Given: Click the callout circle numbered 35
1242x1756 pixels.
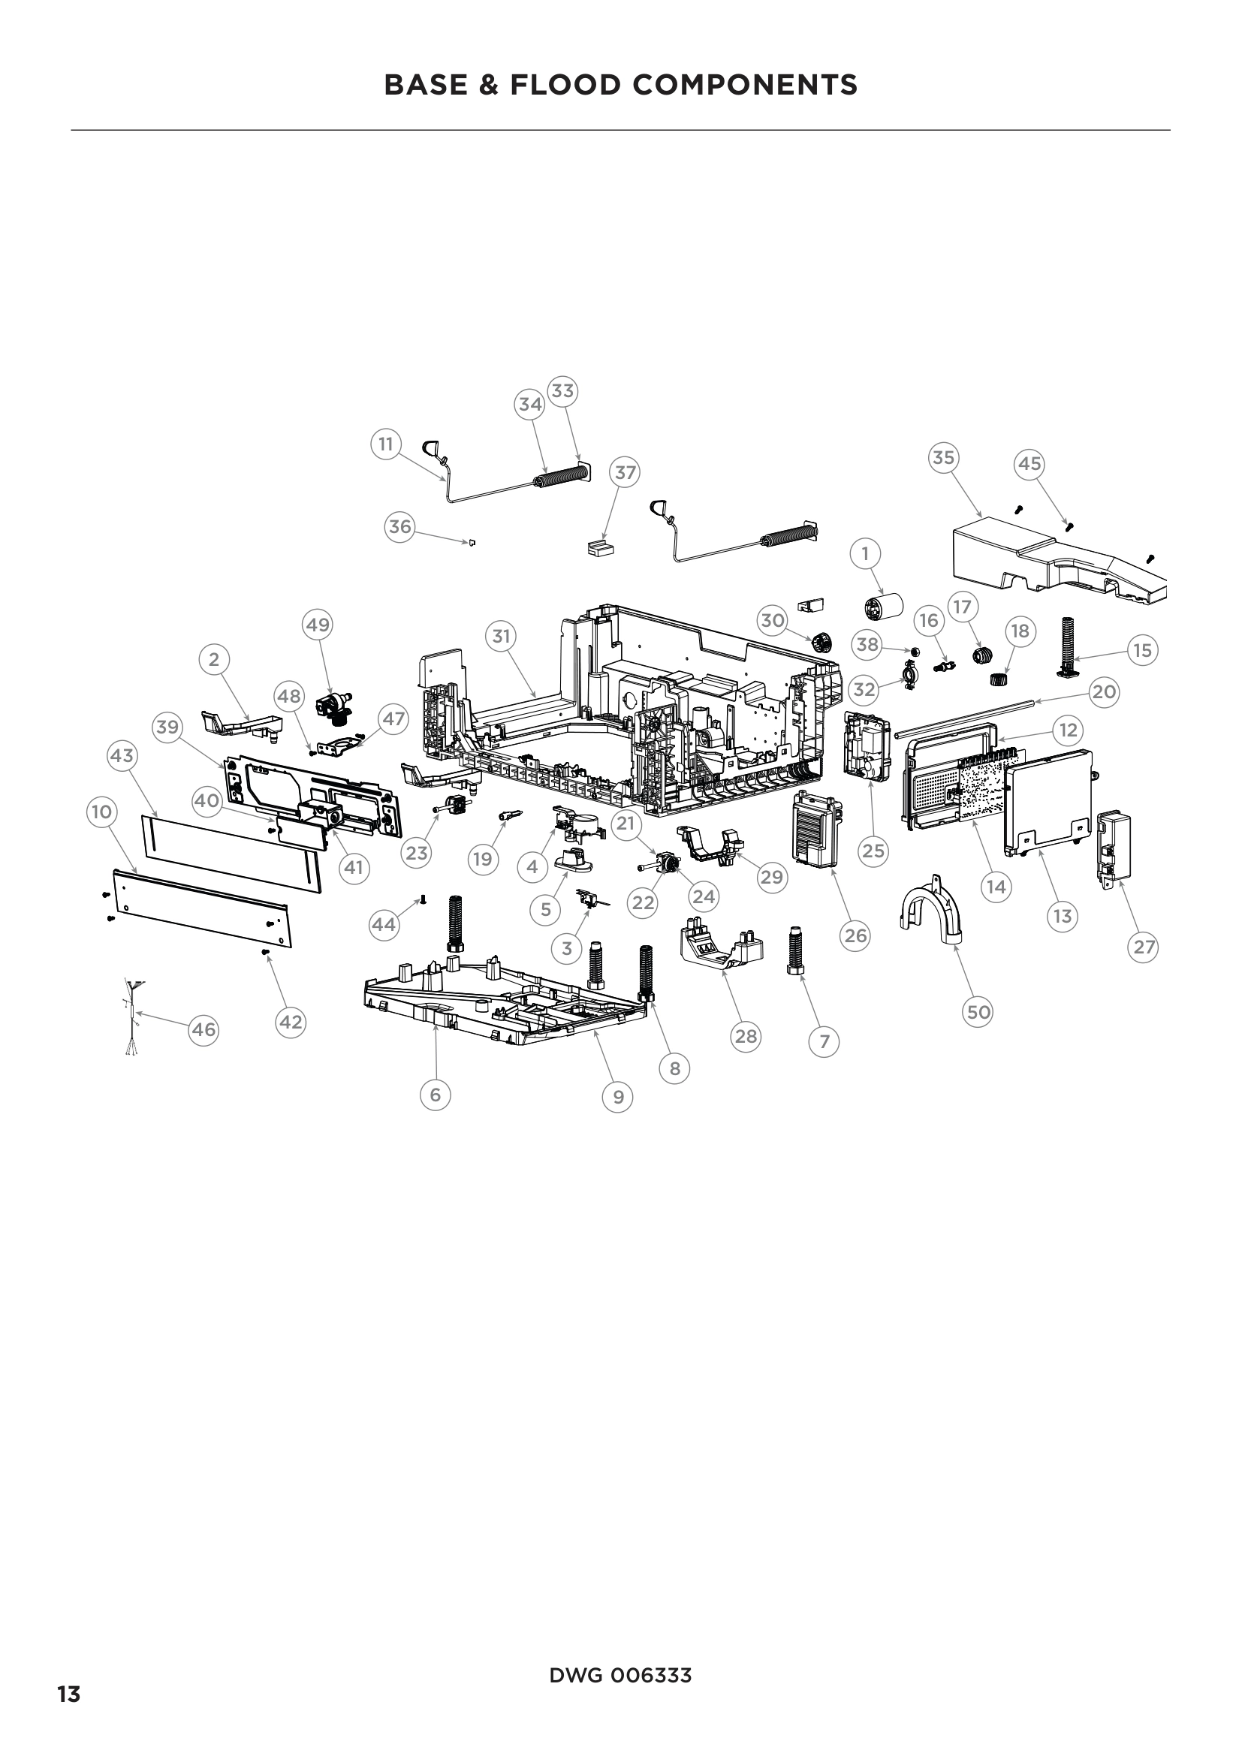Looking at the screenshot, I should click(x=944, y=457).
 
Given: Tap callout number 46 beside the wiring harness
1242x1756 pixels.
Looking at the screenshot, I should click(x=203, y=1029).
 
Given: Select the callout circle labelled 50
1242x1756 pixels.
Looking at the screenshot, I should click(x=978, y=1013).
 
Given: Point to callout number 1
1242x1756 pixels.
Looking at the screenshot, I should click(x=865, y=553).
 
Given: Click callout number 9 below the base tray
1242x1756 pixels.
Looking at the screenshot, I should click(x=618, y=1098).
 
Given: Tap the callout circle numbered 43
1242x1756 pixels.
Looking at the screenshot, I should click(x=122, y=756).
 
